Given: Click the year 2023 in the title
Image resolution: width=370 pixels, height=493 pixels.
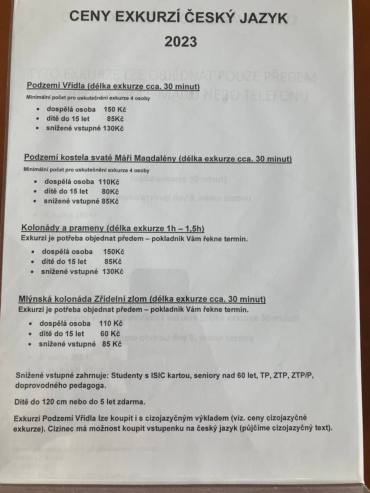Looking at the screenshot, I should pos(181,42).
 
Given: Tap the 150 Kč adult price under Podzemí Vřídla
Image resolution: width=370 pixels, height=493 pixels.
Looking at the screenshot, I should pos(115,109).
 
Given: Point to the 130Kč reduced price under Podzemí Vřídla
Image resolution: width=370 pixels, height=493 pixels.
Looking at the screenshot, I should pos(113,129).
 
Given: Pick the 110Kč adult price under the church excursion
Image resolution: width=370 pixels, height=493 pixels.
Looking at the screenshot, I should pos(109,182).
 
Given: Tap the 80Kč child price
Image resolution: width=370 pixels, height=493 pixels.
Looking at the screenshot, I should pos(110,191).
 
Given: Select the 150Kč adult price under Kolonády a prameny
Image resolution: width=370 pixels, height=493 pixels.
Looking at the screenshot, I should pos(114,252).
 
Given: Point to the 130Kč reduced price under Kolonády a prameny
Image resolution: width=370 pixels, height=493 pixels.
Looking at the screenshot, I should pos(113,272).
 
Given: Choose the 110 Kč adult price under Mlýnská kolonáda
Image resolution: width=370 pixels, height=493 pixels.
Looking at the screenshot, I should pos(111,324).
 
